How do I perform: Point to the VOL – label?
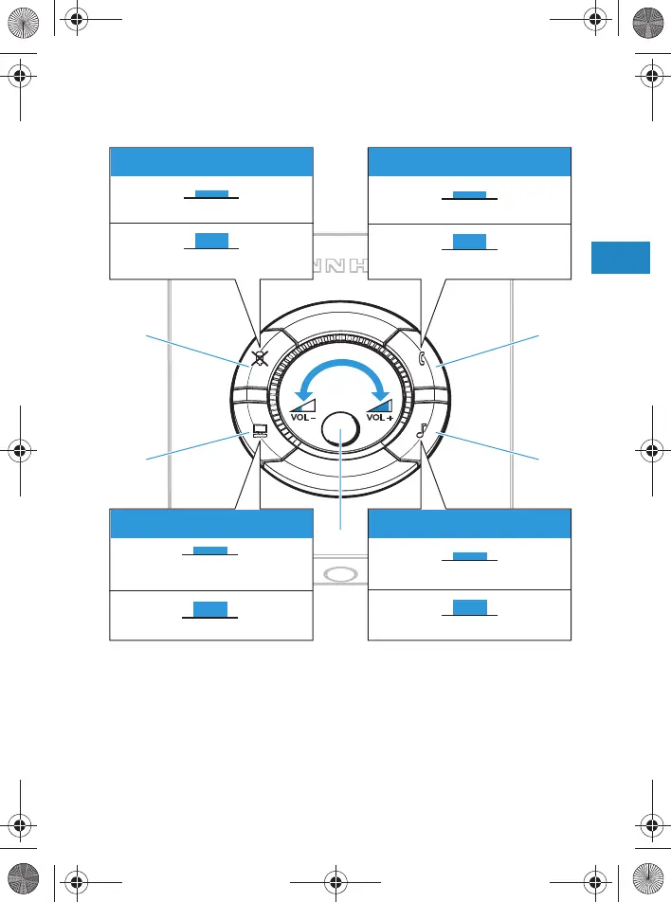click(x=302, y=417)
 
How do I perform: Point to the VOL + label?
click(x=380, y=417)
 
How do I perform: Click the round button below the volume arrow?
click(x=341, y=431)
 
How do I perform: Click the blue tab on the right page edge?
click(x=621, y=258)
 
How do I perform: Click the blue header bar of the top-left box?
click(x=211, y=161)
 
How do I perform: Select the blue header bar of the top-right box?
click(x=469, y=161)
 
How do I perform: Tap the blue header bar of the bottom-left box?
click(x=211, y=523)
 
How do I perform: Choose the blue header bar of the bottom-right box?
click(x=469, y=523)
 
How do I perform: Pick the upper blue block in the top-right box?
click(x=469, y=195)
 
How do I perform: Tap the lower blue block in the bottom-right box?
click(x=469, y=608)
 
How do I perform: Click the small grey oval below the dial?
click(x=341, y=575)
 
